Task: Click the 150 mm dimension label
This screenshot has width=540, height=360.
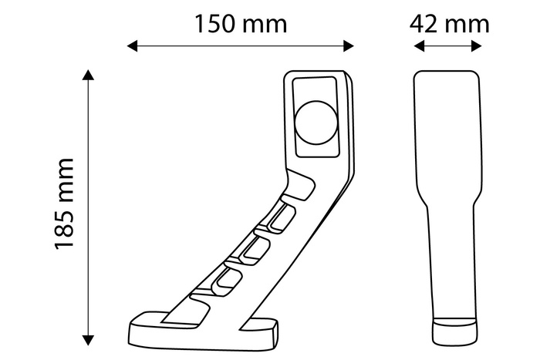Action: (240, 24)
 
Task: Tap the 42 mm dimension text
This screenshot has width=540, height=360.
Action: (450, 24)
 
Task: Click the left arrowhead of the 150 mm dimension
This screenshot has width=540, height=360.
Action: (132, 46)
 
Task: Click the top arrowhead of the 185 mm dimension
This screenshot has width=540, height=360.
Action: (89, 75)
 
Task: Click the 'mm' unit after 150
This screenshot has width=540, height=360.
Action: (266, 24)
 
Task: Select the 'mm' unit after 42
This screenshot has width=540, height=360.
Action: (468, 24)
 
